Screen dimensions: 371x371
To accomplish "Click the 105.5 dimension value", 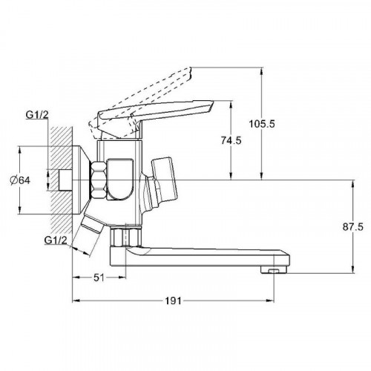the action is [262, 124].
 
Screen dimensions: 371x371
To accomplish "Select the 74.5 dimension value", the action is [231, 140].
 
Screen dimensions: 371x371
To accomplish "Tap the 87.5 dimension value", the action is [353, 227].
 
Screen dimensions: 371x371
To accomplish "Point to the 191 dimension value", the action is [173, 301].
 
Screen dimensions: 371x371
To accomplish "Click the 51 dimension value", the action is [99, 278].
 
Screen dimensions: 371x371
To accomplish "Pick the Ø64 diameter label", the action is [20, 180].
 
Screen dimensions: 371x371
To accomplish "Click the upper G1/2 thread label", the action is [37, 115].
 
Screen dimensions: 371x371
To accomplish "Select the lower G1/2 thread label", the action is [56, 240].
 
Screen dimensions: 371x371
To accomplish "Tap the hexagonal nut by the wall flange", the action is [99, 180].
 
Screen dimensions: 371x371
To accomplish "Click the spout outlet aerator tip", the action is [274, 270].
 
